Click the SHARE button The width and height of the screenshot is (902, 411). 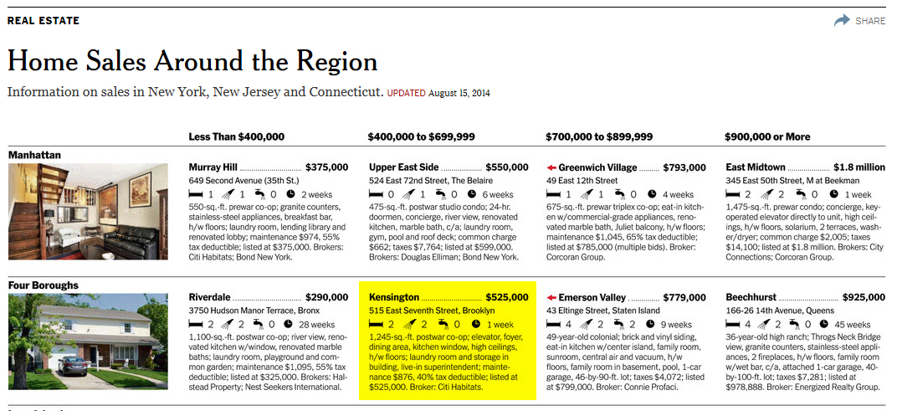859,21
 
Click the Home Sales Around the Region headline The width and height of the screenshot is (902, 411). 192,62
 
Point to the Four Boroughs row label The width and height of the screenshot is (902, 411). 44,285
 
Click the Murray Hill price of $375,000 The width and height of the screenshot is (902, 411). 327,167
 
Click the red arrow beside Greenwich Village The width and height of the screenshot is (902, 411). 551,167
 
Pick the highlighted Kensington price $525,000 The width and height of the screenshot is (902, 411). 508,297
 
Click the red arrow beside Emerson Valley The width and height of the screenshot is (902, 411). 551,297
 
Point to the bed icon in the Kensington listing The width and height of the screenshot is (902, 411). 375,324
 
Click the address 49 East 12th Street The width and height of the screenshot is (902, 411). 582,181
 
